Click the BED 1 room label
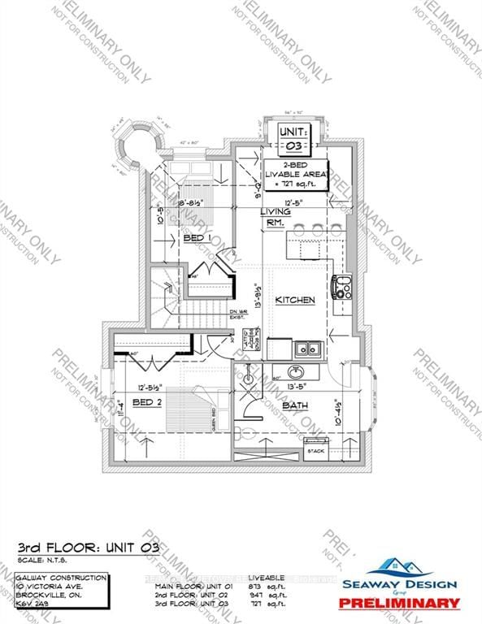click(x=193, y=238)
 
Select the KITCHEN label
click(x=294, y=301)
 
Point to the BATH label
click(x=294, y=405)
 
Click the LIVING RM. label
click(x=275, y=217)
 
